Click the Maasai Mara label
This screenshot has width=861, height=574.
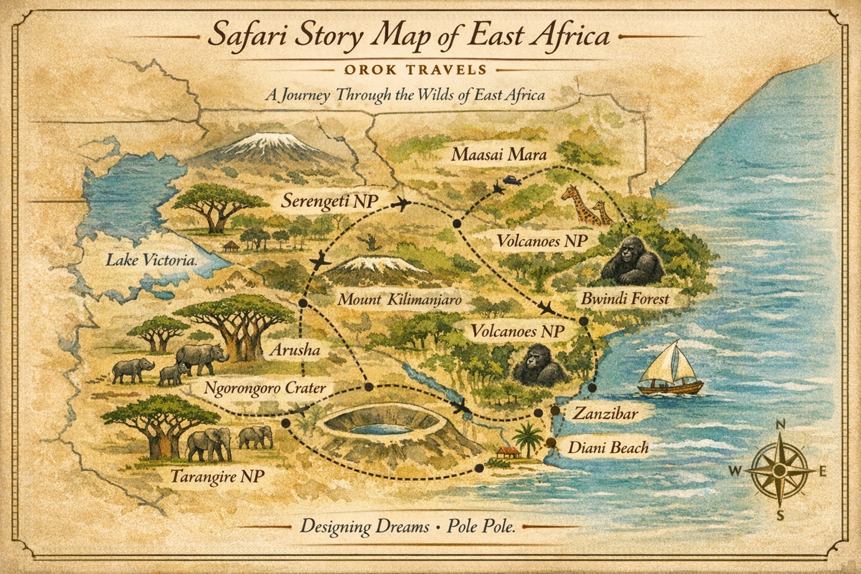pyautogui.click(x=499, y=154)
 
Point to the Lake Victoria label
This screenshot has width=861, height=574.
pyautogui.click(x=151, y=260)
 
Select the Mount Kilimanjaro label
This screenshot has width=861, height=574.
pyautogui.click(x=399, y=299)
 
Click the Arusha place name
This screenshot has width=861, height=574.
pyautogui.click(x=295, y=350)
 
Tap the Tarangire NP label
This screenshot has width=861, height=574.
pyautogui.click(x=217, y=476)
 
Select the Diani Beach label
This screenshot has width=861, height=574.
pyautogui.click(x=608, y=448)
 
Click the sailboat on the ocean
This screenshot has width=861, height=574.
pyautogui.click(x=670, y=370)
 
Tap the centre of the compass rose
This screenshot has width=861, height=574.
pyautogui.click(x=779, y=469)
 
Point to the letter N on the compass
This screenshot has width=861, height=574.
pyautogui.click(x=780, y=425)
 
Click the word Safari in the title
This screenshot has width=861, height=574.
pyautogui.click(x=245, y=36)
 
